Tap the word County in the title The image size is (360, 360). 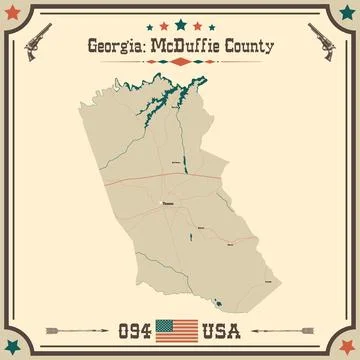[256, 46]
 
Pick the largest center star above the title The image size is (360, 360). [180, 23]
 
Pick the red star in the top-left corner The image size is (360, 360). [19, 19]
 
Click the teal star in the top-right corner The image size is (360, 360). [341, 19]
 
